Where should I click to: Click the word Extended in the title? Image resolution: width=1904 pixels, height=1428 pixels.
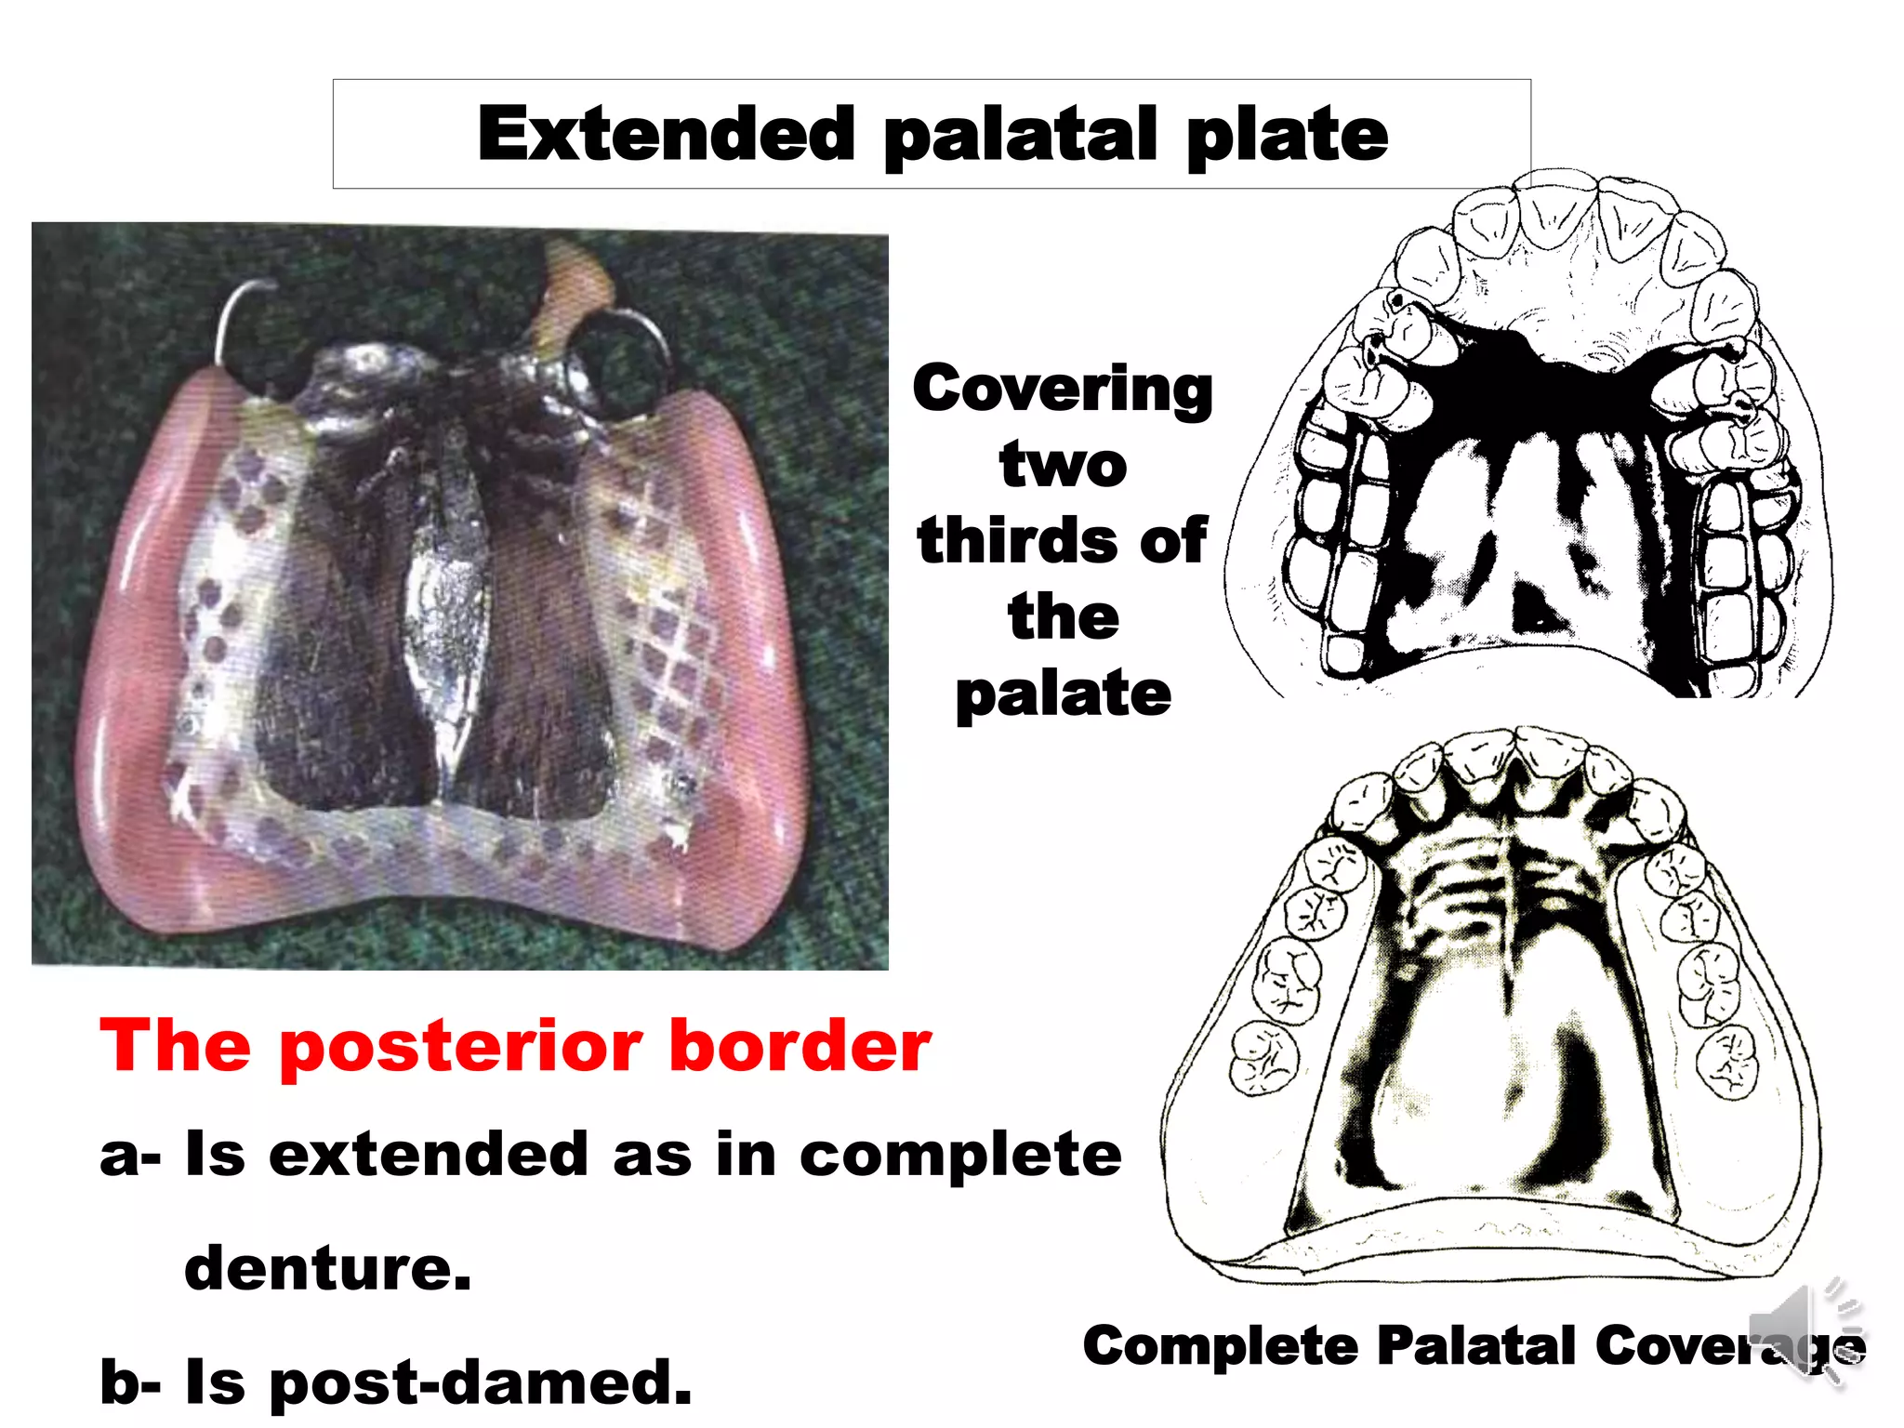pyautogui.click(x=666, y=135)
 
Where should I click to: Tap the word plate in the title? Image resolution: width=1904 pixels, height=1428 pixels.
pyautogui.click(x=1287, y=135)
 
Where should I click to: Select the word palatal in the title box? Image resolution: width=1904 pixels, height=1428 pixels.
pyautogui.click(x=1020, y=135)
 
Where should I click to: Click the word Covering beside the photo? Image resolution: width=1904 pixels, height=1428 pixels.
pyautogui.click(x=1062, y=389)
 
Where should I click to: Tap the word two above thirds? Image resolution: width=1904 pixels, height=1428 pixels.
pyautogui.click(x=1063, y=464)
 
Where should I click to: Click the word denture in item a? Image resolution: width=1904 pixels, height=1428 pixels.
pyautogui.click(x=327, y=1268)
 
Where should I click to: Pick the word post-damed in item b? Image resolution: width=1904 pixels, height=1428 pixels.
pyautogui.click(x=480, y=1382)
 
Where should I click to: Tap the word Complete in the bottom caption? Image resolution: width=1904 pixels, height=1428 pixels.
pyautogui.click(x=1221, y=1346)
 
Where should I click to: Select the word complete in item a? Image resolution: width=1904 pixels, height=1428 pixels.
pyautogui.click(x=959, y=1156)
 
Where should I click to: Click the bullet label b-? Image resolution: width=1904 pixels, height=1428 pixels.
pyautogui.click(x=130, y=1382)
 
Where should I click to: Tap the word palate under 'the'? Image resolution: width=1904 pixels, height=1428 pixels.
pyautogui.click(x=1063, y=694)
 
